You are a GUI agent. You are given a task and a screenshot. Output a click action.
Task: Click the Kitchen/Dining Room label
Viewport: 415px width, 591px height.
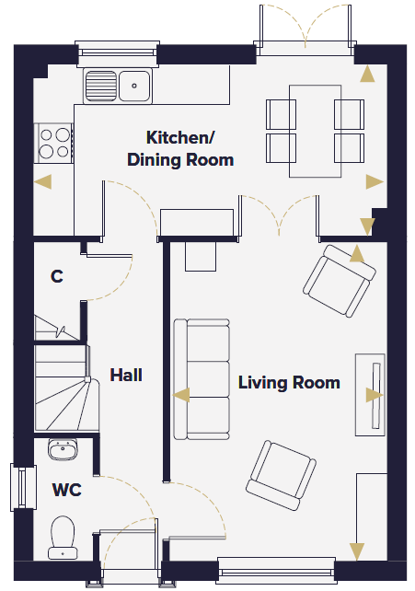pos(180,148)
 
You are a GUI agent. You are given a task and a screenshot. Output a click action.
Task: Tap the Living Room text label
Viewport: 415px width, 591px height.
pos(289,382)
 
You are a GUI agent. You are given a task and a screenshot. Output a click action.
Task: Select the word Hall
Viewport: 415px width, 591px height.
pos(126,375)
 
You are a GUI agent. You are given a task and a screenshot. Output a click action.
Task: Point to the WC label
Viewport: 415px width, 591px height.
pos(66,490)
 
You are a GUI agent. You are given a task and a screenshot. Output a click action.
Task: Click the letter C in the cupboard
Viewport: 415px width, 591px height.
pos(57,276)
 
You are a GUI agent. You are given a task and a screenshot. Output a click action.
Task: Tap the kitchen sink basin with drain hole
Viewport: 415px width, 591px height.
pos(134,86)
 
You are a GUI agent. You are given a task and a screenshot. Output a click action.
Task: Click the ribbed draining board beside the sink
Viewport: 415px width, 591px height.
pos(101,86)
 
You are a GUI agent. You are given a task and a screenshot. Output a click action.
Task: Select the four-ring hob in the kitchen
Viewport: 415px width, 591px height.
pos(54,144)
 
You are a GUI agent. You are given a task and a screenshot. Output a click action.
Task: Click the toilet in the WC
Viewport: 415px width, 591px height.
pos(63,538)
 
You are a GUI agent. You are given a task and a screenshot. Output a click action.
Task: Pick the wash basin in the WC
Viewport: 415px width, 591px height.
pos(63,449)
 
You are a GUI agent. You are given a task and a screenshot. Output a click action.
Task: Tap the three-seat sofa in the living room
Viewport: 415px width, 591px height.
pos(202,379)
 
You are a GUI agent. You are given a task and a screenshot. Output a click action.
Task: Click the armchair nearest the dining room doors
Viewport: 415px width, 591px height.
pos(340,281)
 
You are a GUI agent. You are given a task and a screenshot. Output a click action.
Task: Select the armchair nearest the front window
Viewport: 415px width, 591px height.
pos(281,475)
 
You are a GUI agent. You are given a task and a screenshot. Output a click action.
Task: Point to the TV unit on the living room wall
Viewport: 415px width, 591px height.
pos(370,395)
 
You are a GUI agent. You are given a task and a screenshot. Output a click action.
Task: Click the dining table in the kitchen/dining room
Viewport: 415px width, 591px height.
pos(316,131)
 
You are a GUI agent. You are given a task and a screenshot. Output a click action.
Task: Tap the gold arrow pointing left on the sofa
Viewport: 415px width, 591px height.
pos(181,395)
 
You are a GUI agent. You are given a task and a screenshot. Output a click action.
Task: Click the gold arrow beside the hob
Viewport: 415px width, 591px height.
pos(42,181)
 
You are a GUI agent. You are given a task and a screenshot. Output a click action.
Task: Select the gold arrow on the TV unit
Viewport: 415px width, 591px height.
pos(375,396)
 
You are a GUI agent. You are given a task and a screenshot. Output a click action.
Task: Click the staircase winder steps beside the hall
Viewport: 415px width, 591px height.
pos(67,405)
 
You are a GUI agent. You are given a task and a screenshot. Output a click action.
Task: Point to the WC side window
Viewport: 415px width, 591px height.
pos(23,488)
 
